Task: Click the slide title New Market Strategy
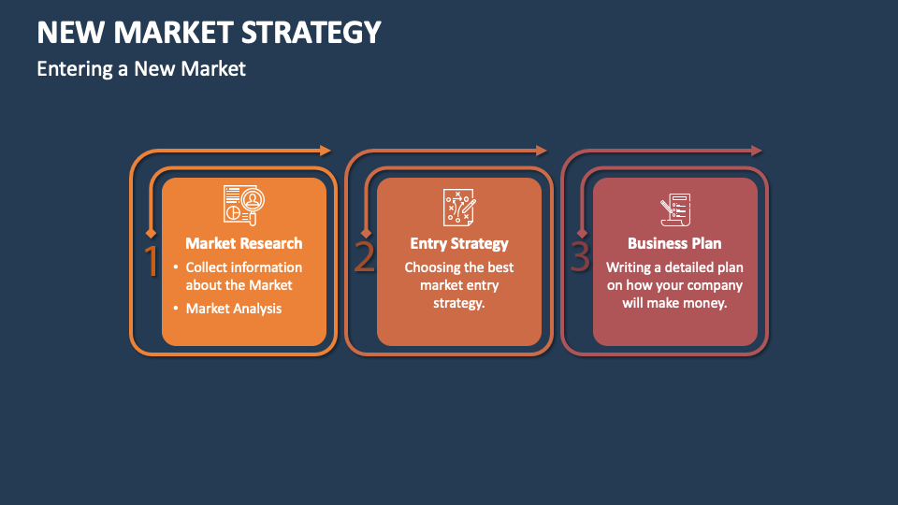point(209,33)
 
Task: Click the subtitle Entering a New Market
point(141,68)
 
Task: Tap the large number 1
point(152,261)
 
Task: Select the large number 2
point(364,257)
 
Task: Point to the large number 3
point(580,257)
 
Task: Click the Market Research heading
point(244,243)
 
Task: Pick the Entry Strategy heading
point(459,243)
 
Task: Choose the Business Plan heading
point(674,243)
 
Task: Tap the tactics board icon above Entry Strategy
point(459,207)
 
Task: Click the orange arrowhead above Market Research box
point(326,151)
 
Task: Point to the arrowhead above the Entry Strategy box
point(541,151)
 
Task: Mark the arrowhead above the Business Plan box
point(757,151)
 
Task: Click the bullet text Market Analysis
point(234,309)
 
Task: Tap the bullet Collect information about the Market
point(243,276)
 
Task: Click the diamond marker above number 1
point(152,233)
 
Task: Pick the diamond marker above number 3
point(582,233)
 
